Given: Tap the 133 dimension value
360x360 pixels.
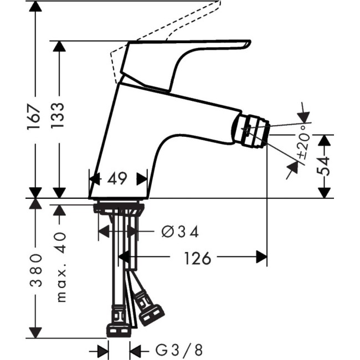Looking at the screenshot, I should [59, 115].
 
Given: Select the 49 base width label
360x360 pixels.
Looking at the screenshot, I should [118, 179].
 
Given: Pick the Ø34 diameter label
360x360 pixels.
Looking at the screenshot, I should [180, 232].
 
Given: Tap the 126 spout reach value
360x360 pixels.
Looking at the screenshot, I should [197, 258].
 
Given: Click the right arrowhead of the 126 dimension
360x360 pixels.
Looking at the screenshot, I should [261, 258].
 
